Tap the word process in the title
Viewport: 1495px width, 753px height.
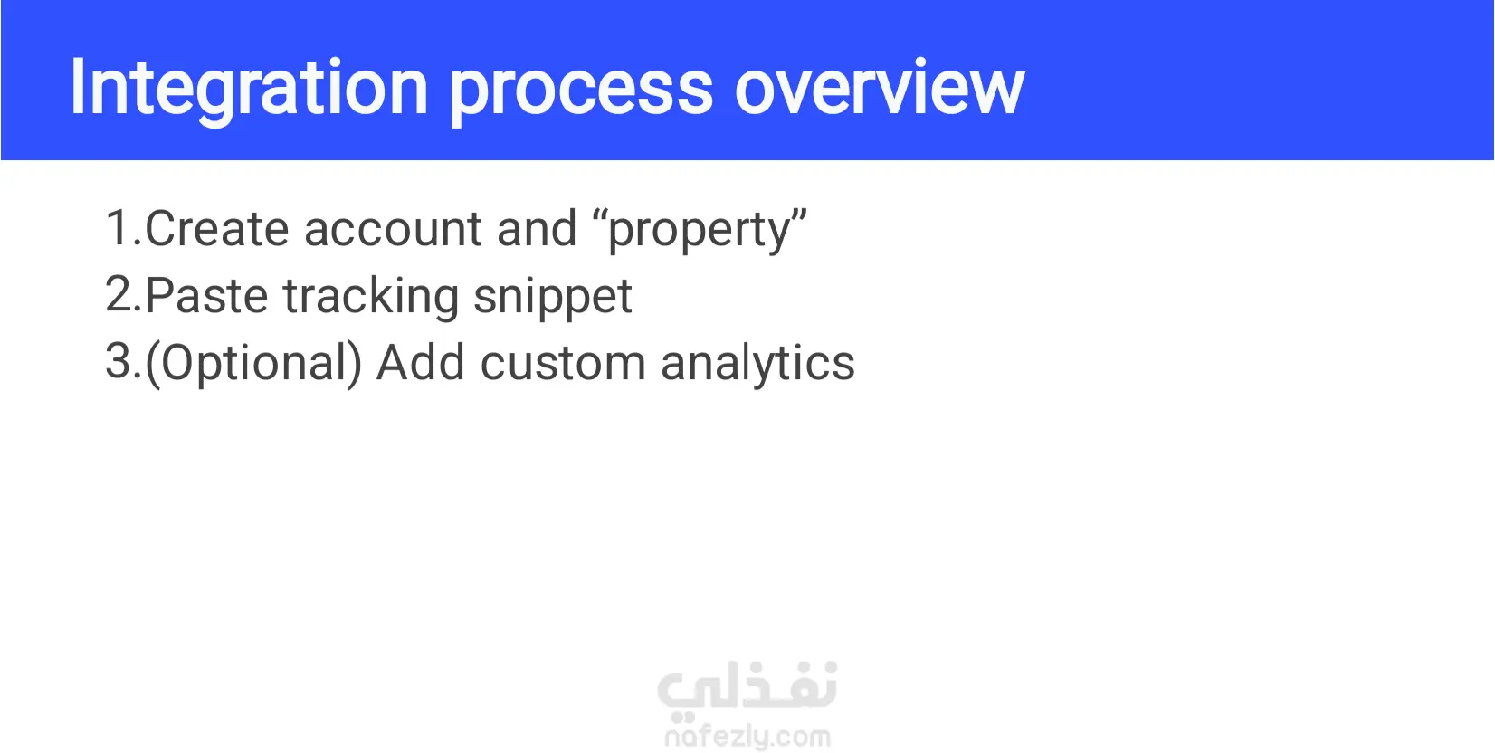(582, 93)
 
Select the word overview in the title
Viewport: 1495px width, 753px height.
(879, 88)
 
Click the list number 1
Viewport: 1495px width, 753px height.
(123, 228)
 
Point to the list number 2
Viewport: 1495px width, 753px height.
(123, 294)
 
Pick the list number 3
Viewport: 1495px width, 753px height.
(123, 361)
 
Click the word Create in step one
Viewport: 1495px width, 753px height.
(217, 228)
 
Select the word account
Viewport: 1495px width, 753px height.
(393, 229)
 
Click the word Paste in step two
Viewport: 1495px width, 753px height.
(206, 295)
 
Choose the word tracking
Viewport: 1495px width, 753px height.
(371, 297)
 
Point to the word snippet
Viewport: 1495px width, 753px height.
(553, 297)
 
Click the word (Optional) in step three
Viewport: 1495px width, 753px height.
(253, 364)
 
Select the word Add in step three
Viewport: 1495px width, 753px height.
(421, 362)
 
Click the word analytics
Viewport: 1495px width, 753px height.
(758, 364)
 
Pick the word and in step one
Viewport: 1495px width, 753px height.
(537, 228)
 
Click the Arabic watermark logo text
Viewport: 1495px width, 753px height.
(747, 686)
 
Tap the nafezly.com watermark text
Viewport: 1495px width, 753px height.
(747, 737)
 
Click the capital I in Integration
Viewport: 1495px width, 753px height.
(78, 88)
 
